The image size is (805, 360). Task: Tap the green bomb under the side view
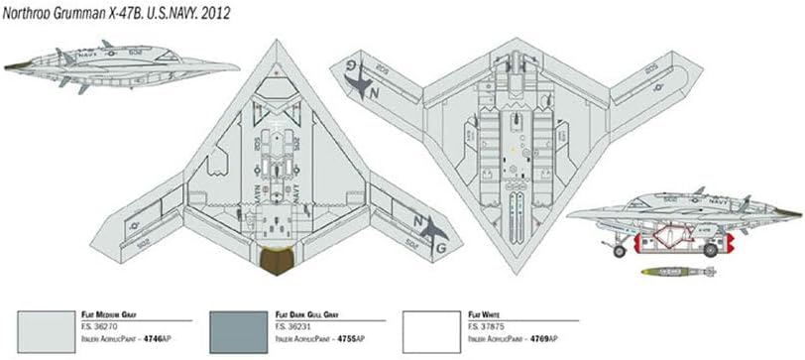(677, 271)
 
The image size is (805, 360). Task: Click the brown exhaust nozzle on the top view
(277, 261)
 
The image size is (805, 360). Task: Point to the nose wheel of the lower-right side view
(620, 251)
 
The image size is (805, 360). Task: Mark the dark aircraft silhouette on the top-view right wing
(432, 230)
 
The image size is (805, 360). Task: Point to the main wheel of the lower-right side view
(710, 250)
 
